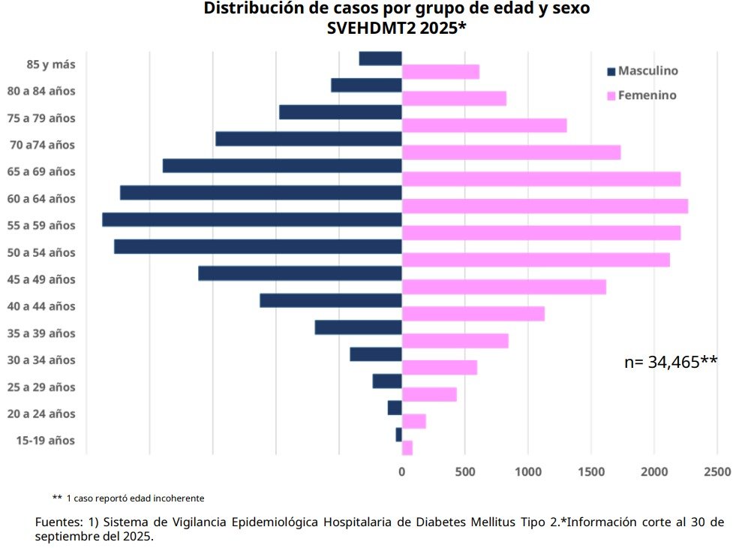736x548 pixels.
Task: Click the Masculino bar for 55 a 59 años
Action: pyautogui.click(x=252, y=220)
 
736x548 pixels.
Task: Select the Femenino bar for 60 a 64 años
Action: pyautogui.click(x=545, y=206)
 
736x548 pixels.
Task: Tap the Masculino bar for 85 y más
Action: pyautogui.click(x=380, y=59)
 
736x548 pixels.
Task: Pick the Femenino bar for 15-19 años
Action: pyautogui.click(x=407, y=448)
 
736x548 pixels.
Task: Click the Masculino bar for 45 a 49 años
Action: pyautogui.click(x=300, y=273)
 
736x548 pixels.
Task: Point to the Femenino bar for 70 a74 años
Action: pyautogui.click(x=512, y=152)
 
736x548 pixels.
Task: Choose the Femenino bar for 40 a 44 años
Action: pyautogui.click(x=473, y=314)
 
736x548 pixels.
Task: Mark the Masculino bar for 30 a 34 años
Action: pyautogui.click(x=376, y=354)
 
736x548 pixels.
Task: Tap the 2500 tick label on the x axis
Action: pyautogui.click(x=717, y=471)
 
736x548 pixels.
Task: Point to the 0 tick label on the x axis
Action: pyautogui.click(x=402, y=471)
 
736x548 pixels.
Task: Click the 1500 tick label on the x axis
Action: pyautogui.click(x=591, y=471)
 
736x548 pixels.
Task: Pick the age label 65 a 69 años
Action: pyautogui.click(x=47, y=172)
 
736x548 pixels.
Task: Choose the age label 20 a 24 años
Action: pyautogui.click(x=47, y=414)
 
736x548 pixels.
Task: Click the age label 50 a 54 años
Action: pyautogui.click(x=47, y=252)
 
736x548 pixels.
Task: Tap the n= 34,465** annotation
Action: pyautogui.click(x=671, y=362)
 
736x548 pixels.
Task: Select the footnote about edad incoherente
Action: pyautogui.click(x=128, y=498)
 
